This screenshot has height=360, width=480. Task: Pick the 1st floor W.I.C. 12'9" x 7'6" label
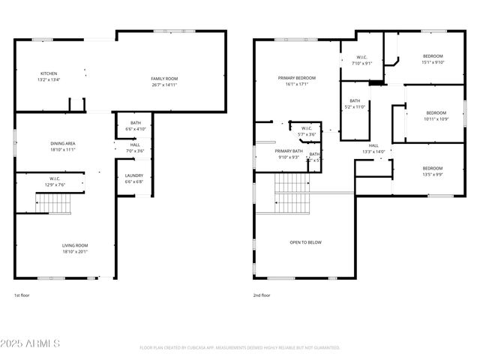[56, 181]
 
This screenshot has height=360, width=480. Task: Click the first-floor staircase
[54, 203]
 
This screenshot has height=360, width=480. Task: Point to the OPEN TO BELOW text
[305, 242]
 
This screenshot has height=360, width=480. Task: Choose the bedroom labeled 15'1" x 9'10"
[433, 59]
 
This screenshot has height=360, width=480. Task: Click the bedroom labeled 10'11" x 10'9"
[436, 115]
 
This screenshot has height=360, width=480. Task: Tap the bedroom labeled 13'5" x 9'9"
[432, 171]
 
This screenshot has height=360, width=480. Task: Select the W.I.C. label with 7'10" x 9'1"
[361, 60]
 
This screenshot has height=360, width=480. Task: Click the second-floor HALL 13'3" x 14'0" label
[373, 148]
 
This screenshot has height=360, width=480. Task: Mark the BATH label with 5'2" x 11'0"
[355, 104]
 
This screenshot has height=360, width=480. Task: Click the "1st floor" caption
[22, 295]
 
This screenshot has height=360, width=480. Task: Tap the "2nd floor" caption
[262, 295]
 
